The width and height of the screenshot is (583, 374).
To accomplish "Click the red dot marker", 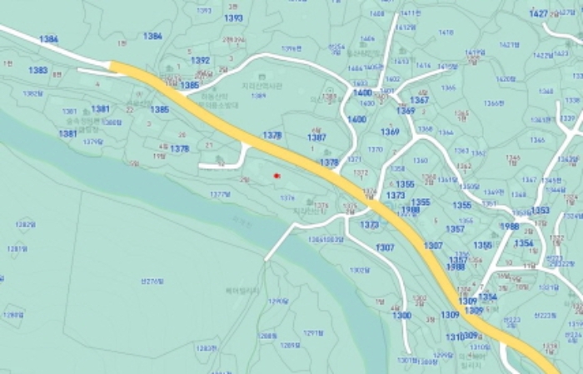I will click(277, 176).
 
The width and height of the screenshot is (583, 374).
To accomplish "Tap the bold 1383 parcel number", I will click(37, 71).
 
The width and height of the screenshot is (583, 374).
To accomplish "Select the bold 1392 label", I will click(200, 61).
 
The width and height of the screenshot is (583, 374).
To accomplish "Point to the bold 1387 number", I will click(316, 137).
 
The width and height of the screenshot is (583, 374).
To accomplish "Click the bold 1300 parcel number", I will click(401, 316).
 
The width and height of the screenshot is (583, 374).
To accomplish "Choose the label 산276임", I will click(152, 281).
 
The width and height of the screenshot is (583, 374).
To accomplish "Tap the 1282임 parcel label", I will click(25, 224).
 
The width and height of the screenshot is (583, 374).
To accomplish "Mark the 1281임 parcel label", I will click(17, 248).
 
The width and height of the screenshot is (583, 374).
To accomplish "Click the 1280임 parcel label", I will click(12, 314).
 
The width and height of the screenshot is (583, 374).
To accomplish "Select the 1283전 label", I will click(207, 348).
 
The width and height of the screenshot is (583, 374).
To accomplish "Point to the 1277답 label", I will click(220, 194).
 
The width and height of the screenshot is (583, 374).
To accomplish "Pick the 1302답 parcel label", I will click(359, 270).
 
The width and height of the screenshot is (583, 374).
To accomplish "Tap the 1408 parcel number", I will click(377, 14).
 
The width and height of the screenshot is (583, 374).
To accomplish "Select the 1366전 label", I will click(494, 103).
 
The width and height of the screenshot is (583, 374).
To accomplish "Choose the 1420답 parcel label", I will click(506, 79).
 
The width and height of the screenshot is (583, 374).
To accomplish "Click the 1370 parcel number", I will click(376, 150).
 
